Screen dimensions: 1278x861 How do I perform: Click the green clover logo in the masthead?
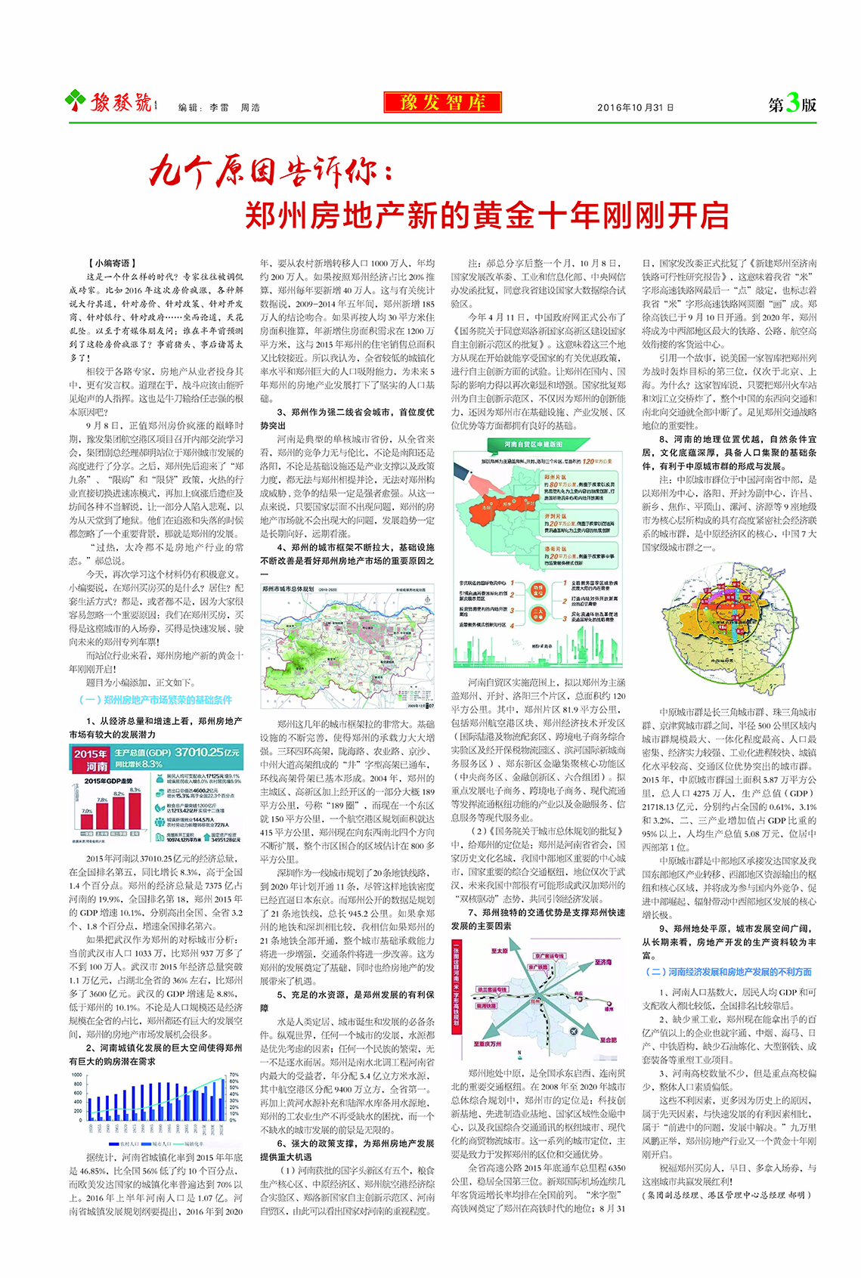click(x=76, y=100)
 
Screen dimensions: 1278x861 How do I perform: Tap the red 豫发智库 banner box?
click(x=442, y=102)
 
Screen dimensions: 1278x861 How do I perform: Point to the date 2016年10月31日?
click(x=635, y=107)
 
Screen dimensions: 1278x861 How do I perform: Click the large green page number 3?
click(x=791, y=102)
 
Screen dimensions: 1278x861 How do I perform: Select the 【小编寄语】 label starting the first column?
click(x=112, y=263)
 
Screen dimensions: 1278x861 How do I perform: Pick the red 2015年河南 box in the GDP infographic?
click(x=91, y=760)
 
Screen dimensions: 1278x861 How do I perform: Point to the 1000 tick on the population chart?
click(x=77, y=1074)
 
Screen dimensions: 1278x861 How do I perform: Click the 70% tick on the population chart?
click(x=234, y=1074)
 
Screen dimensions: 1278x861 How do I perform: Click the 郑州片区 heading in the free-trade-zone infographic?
click(x=556, y=477)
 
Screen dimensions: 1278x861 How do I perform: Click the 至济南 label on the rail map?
click(x=602, y=962)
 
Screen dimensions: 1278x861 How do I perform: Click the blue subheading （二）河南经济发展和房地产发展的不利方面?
click(x=728, y=972)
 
